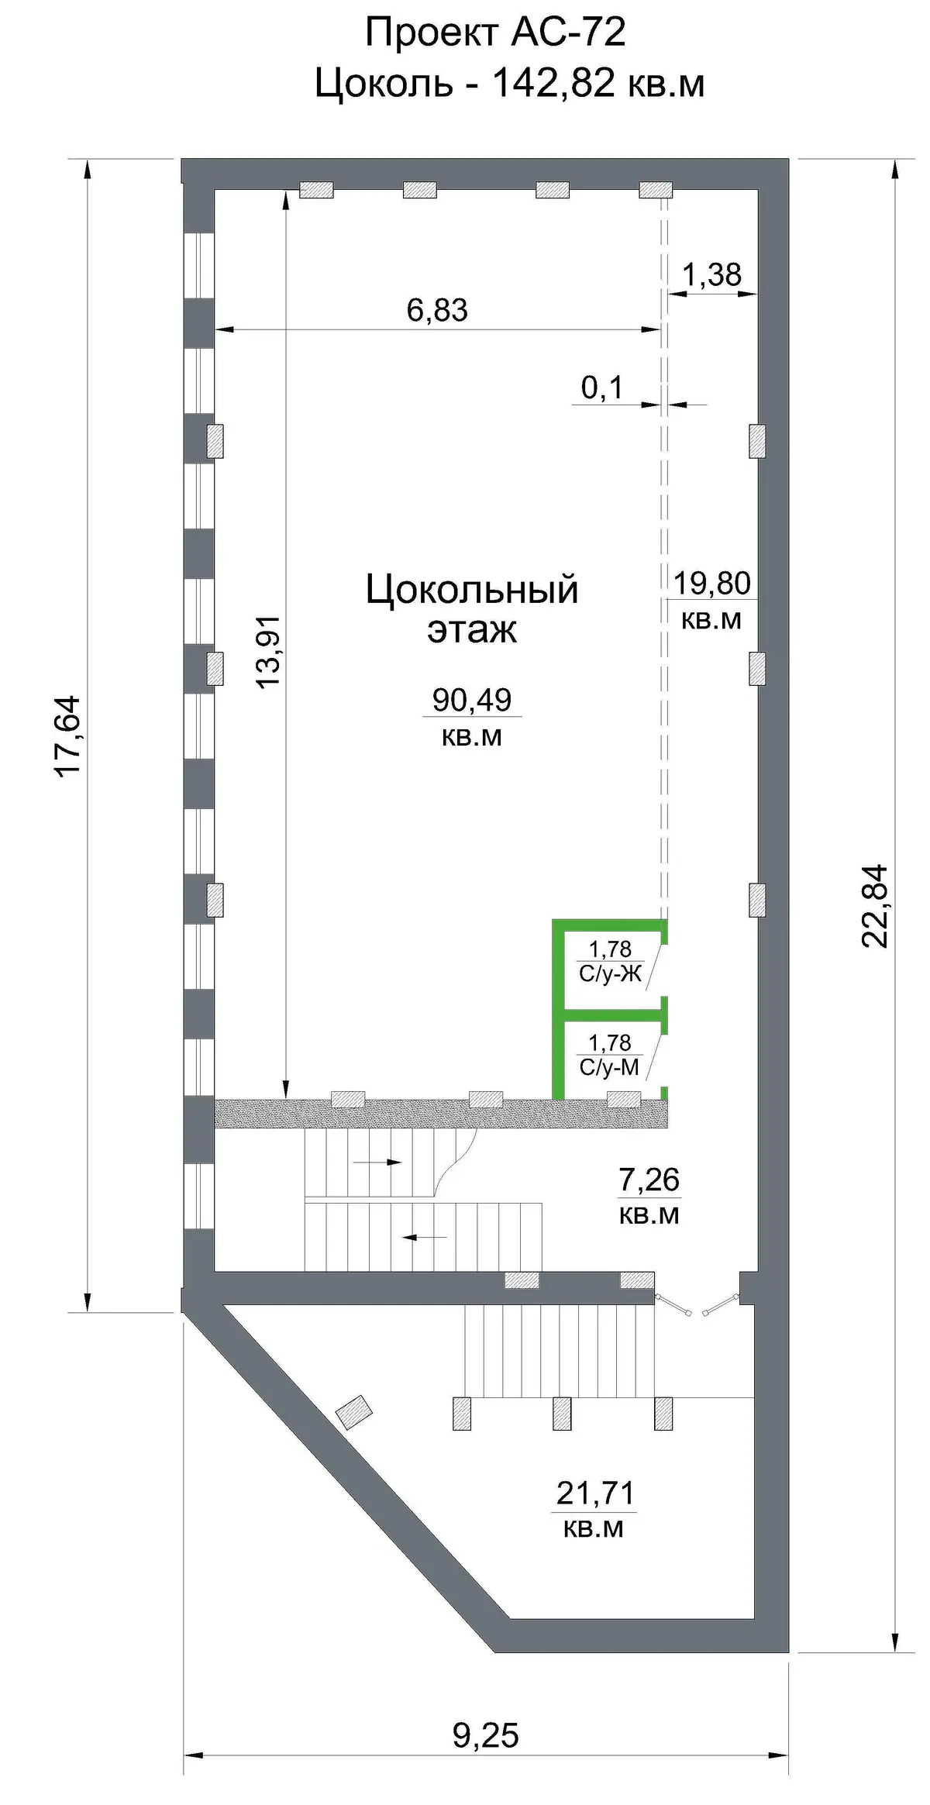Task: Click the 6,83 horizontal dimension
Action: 437,310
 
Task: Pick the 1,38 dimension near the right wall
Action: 711,274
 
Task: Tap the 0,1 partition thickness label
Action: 602,388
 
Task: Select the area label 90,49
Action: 472,700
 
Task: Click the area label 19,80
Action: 711,583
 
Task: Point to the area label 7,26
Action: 649,1180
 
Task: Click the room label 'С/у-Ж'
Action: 611,974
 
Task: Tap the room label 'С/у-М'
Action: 609,1068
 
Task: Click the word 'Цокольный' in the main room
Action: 472,591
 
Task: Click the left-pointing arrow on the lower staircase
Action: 425,1237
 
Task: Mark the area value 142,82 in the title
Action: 554,84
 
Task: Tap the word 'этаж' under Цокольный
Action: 472,630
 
